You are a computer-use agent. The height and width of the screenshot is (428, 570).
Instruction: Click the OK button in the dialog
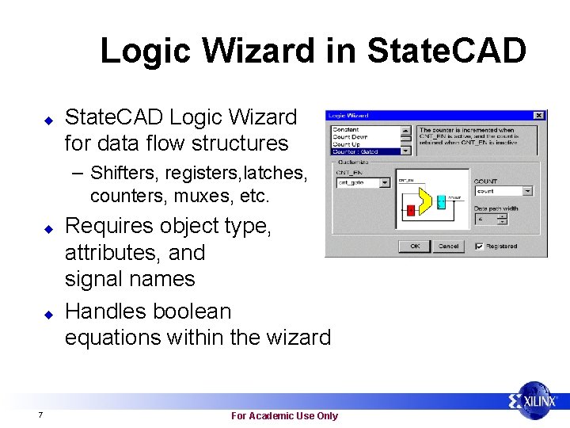(x=415, y=246)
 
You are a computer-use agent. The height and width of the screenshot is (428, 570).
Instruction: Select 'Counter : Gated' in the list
(x=367, y=151)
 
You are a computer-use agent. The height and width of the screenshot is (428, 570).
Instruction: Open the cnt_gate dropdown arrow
(x=385, y=182)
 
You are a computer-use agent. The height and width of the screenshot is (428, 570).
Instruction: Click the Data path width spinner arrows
(x=501, y=219)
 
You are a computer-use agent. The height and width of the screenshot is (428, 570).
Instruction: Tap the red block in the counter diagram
(x=411, y=210)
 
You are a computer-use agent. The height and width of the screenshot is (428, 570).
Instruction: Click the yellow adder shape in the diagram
(x=424, y=201)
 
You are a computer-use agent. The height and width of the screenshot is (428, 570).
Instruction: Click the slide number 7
(x=40, y=415)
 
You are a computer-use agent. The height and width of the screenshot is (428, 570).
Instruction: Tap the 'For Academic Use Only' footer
(x=284, y=415)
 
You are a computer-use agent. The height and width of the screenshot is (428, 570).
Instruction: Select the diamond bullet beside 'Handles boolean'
(x=47, y=313)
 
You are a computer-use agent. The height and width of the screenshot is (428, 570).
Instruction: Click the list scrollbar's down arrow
(x=407, y=151)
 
